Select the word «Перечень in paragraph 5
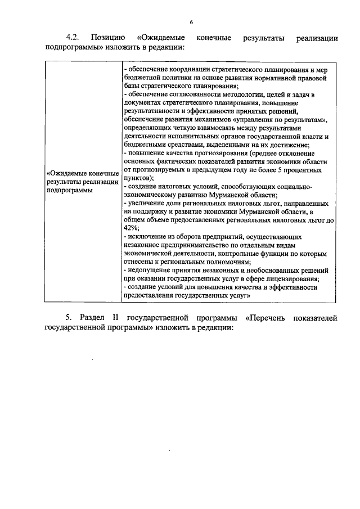[264, 318]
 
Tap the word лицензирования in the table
[291, 279]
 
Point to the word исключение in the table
[146, 237]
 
